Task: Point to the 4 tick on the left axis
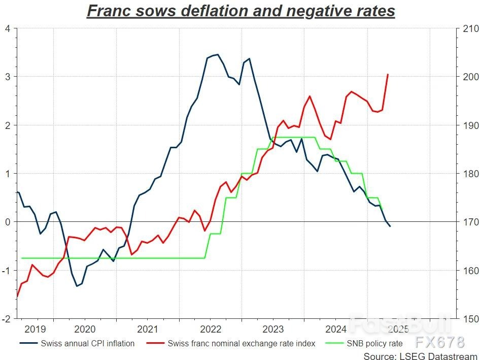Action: [7, 28]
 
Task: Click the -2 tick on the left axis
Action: [6, 319]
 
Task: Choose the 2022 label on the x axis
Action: [210, 329]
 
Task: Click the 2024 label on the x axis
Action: [335, 329]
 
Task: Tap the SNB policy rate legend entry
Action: [374, 343]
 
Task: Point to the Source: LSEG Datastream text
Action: [420, 355]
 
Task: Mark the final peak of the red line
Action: [388, 75]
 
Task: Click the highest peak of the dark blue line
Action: [218, 54]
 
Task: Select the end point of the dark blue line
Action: [390, 226]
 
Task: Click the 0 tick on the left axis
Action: [7, 222]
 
